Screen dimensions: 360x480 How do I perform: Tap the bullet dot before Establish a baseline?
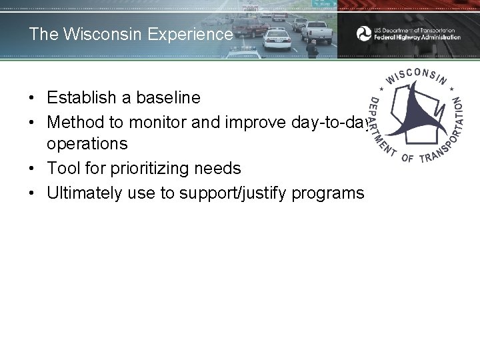point(32,98)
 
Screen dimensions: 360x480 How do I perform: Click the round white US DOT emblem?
point(364,33)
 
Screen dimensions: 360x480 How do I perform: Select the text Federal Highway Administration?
point(417,37)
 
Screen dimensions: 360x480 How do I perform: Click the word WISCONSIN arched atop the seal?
point(417,75)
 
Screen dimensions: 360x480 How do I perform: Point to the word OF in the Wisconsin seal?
point(407,159)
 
